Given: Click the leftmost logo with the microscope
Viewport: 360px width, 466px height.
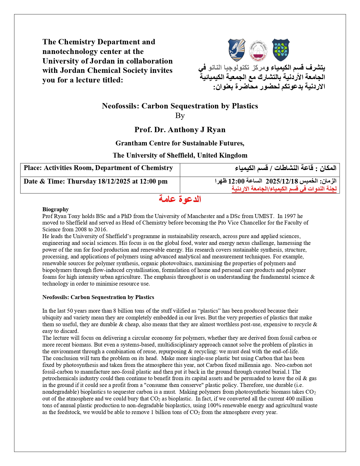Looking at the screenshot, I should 237,50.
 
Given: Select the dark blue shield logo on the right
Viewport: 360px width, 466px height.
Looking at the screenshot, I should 281,50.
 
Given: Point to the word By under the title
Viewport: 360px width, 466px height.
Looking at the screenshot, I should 180,116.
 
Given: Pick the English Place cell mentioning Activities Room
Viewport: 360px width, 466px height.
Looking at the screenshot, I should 98,168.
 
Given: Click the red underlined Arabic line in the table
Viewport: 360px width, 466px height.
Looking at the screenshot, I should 284,189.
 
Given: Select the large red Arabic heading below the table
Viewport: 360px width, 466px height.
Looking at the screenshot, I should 180,199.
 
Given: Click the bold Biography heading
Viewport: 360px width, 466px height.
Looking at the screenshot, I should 56,209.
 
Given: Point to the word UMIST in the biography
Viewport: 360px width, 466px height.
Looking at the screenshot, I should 264,216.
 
